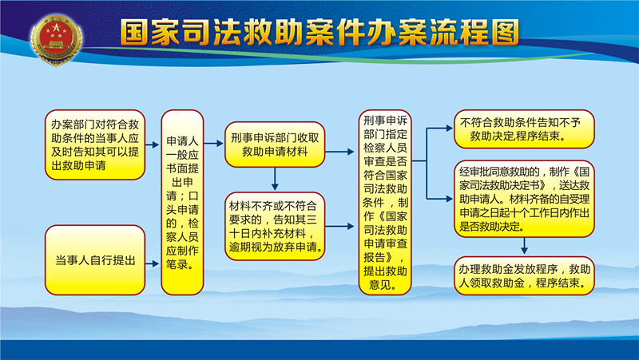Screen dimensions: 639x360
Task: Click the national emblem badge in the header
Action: click(56, 40)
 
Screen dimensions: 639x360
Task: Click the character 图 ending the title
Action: click(506, 32)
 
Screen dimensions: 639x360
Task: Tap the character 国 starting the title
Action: click(134, 32)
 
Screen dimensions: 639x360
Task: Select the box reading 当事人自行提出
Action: click(95, 259)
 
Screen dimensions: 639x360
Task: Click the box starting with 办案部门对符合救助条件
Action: click(95, 144)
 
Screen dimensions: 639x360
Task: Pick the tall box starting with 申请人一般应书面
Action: click(182, 203)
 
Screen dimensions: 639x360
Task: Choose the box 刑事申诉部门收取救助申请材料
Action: click(275, 144)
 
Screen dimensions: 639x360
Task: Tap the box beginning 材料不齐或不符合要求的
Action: click(275, 227)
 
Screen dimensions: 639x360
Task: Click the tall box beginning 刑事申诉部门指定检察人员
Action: click(385, 203)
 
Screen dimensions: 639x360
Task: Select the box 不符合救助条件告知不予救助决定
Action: click(525, 129)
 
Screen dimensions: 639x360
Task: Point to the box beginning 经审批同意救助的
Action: click(525, 199)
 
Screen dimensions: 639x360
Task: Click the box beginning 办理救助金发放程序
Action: click(525, 275)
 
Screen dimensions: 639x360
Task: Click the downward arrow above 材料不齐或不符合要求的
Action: click(275, 179)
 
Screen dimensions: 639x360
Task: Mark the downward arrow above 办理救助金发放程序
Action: click(525, 246)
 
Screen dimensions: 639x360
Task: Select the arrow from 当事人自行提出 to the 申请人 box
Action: click(153, 264)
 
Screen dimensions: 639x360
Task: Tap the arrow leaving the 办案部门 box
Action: click(153, 144)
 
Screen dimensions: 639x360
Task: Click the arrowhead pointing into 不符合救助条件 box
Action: click(450, 129)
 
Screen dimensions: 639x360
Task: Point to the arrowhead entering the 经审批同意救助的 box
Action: click(450, 199)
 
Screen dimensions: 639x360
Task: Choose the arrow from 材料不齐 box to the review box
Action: click(340, 226)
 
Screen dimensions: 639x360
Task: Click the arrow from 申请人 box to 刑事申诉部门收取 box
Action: click(214, 144)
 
